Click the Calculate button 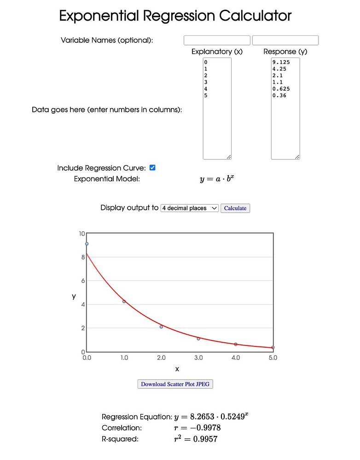tap(235, 208)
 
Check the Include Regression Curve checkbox tap(153, 167)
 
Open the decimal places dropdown tap(189, 208)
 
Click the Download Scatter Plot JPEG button tap(175, 384)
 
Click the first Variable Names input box tap(217, 40)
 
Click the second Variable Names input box tap(285, 40)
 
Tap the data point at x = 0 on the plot tap(87, 244)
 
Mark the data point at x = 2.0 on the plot tap(161, 327)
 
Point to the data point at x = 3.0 tap(198, 339)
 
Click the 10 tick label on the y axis tap(81, 234)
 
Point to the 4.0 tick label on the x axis tap(236, 358)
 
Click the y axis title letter tap(74, 297)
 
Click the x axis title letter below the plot tap(177, 369)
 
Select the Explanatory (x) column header tap(217, 52)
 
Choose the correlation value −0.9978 tap(201, 428)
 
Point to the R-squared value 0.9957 tap(205, 439)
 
